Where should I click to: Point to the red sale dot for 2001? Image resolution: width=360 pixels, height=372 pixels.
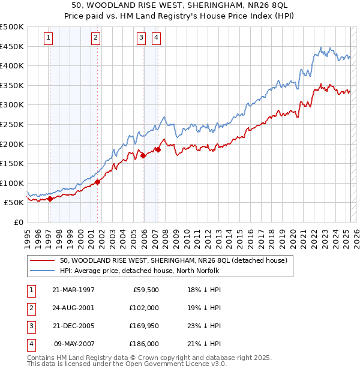click(97, 182)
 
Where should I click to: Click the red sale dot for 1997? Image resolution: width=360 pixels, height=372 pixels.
click(50, 199)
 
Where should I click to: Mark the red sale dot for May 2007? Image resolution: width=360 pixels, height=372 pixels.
click(158, 149)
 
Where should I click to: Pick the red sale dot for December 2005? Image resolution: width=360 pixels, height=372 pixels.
click(143, 155)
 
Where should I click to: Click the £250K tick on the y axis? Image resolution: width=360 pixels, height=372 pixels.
click(12, 124)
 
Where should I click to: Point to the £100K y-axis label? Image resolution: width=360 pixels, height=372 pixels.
click(12, 183)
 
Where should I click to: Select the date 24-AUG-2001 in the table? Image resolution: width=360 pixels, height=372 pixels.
click(74, 308)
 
